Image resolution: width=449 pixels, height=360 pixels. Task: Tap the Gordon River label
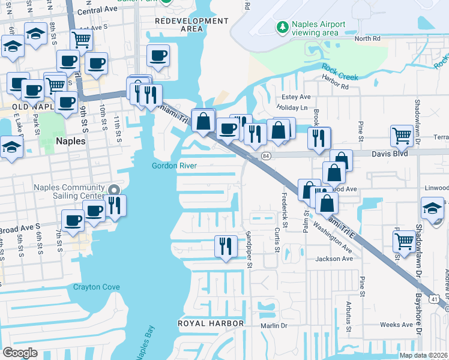175,166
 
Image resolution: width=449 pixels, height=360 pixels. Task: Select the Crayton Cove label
96,287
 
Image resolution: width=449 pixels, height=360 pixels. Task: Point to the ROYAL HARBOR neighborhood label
210,323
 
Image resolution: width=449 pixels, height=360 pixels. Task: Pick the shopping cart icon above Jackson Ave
404,241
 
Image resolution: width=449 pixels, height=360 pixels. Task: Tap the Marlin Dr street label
275,326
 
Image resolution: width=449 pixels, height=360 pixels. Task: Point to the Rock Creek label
339,72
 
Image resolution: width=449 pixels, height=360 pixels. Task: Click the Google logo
20,352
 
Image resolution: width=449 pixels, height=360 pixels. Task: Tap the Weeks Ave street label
397,325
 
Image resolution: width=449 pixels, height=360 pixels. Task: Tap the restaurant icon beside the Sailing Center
114,205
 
